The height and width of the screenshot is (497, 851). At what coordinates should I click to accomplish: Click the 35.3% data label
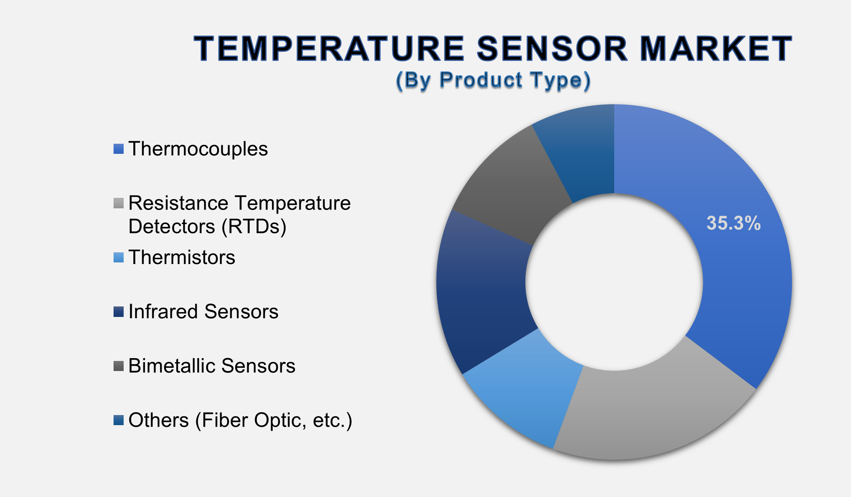coord(733,223)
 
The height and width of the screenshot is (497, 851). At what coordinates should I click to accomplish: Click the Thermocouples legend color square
coord(118,149)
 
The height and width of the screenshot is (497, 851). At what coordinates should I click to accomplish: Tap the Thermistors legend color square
coord(118,258)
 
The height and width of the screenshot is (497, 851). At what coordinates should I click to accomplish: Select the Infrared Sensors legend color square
coord(118,312)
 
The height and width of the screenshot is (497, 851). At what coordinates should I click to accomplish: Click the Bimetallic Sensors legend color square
coord(118,366)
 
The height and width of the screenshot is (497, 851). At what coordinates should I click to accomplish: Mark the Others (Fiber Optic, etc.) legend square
coord(118,420)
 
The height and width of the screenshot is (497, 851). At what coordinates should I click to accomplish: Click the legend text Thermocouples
coord(198,149)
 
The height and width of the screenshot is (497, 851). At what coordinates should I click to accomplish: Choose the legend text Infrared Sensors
coord(203,312)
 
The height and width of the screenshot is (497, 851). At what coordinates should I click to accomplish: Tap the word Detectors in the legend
coord(172,226)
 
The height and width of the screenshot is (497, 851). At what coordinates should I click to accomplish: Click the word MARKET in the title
coord(716,49)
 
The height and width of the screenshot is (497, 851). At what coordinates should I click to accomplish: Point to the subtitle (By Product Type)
coord(493,80)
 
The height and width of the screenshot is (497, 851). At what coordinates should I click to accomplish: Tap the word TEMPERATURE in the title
coord(329,49)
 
